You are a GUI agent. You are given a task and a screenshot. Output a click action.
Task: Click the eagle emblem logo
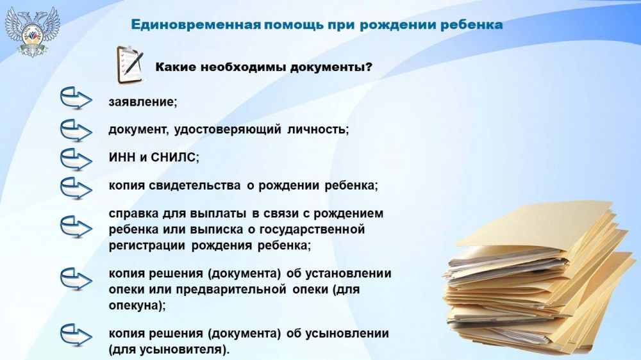[x=33, y=31]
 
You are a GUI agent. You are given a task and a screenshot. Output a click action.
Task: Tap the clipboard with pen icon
[x=129, y=65]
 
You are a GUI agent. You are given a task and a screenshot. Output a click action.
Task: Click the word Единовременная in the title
[x=196, y=24]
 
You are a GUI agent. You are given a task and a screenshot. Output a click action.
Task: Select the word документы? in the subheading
[x=331, y=67]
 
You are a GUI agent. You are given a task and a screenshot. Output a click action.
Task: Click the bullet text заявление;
[x=143, y=102]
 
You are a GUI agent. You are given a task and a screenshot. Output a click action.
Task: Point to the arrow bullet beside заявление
[x=76, y=98]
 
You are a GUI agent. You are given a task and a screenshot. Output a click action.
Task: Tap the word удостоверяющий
[x=228, y=129]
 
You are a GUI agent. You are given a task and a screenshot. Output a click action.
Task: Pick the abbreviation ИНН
[x=122, y=158]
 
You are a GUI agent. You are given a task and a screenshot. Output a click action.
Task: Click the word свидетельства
[x=194, y=186]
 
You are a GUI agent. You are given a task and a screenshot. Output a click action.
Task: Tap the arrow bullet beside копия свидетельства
[x=76, y=188]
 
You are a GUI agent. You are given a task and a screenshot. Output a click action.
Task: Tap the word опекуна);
[x=137, y=306]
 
